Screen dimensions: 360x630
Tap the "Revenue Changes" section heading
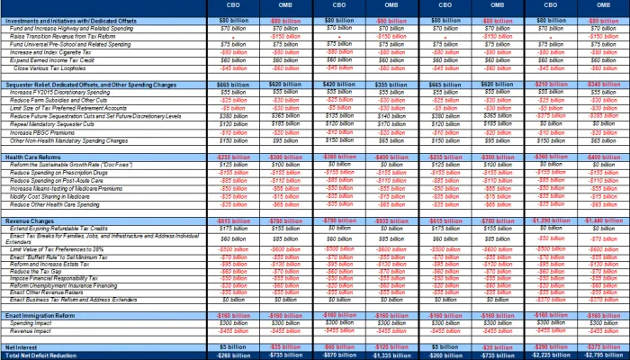(31, 220)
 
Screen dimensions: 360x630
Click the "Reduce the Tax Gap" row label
(40, 271)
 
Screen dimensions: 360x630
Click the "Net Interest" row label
(22, 346)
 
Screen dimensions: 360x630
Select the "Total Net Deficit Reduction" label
(44, 355)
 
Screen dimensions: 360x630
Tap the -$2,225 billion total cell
(539, 355)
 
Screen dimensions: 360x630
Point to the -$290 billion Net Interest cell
(539, 346)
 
